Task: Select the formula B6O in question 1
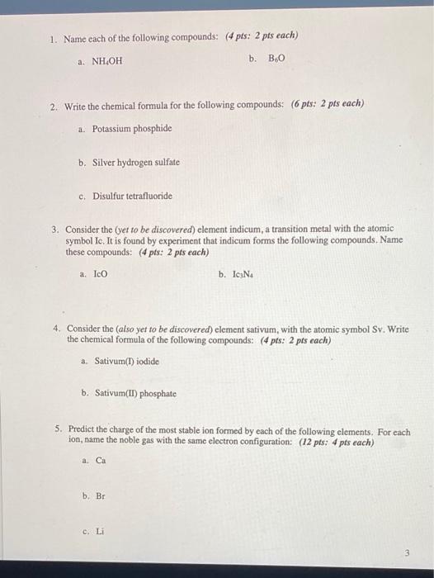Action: (x=276, y=59)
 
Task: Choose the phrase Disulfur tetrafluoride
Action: (x=132, y=196)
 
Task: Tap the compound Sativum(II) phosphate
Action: (x=135, y=394)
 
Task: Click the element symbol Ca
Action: (x=101, y=461)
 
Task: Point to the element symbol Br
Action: (x=100, y=496)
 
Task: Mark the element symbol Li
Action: (x=99, y=532)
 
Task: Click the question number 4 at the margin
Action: (x=57, y=328)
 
